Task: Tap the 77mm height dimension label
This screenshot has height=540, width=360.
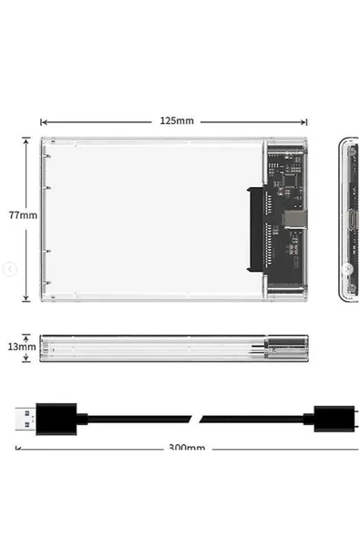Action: (22, 215)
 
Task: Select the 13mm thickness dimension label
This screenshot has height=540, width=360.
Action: (22, 348)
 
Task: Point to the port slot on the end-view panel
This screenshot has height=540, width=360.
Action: (348, 219)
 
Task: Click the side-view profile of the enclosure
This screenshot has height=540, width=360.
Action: (173, 348)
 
